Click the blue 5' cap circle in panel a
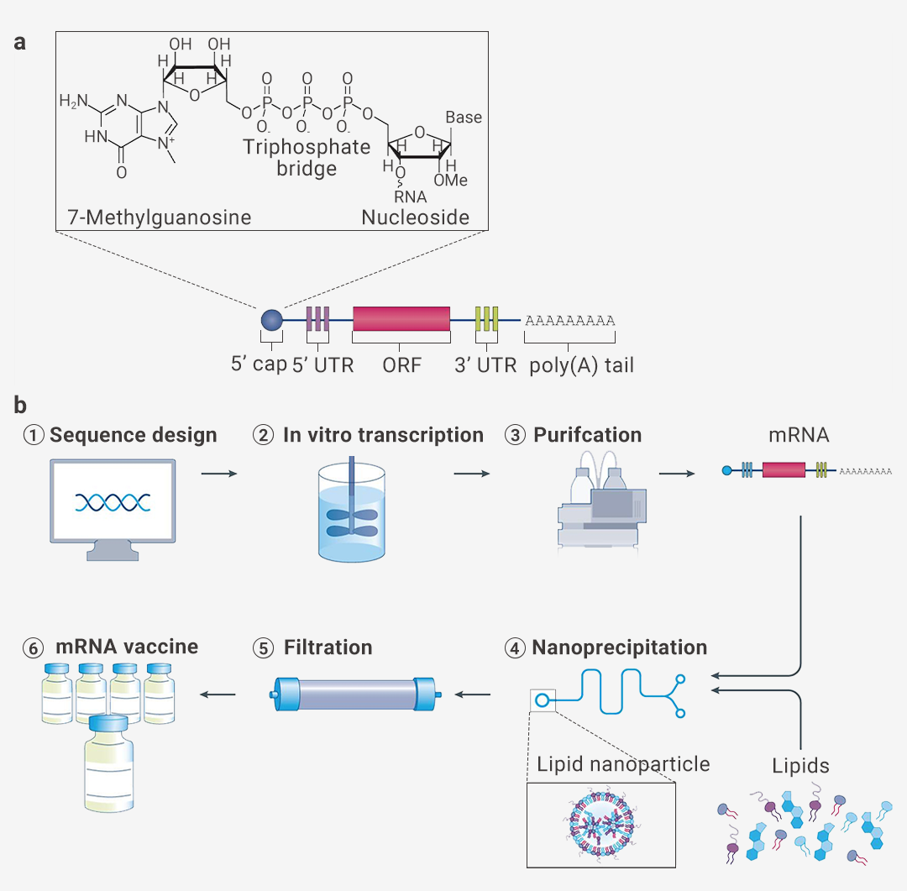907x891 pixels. [x=271, y=319]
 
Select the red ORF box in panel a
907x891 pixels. [x=401, y=319]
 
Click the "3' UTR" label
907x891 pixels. [x=485, y=366]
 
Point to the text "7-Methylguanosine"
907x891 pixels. [x=160, y=218]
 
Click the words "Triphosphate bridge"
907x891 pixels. [x=307, y=158]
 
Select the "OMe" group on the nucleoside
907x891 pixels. [x=451, y=181]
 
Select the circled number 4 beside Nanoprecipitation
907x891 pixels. [x=515, y=648]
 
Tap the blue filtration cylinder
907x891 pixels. [x=359, y=695]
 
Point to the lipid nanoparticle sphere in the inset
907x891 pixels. [x=600, y=825]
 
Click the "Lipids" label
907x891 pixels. [x=800, y=766]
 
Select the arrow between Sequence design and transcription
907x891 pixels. [x=219, y=474]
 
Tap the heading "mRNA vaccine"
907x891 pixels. [x=127, y=647]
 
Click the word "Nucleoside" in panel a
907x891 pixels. [x=415, y=218]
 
